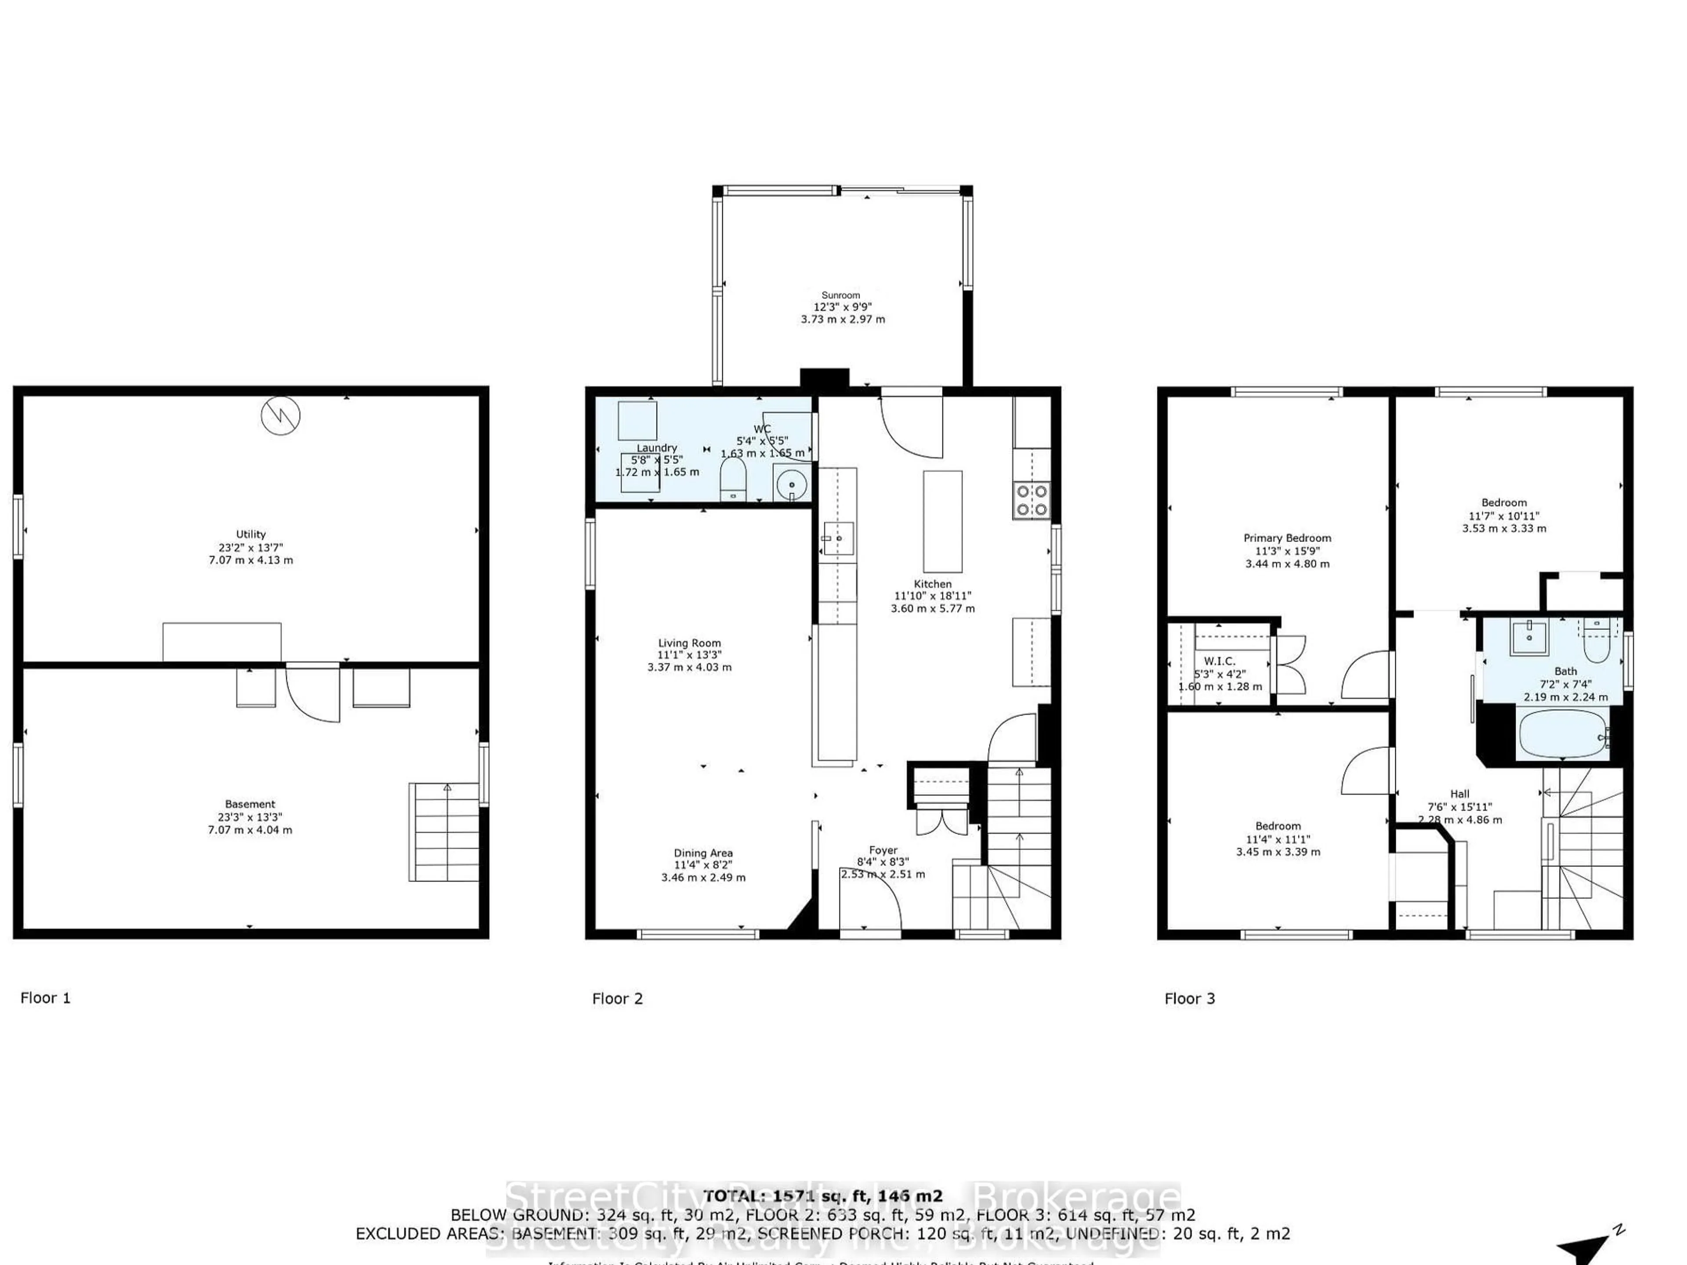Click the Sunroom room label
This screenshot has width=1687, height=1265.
pyautogui.click(x=840, y=295)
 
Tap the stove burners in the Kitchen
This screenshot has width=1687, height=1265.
pyautogui.click(x=1031, y=501)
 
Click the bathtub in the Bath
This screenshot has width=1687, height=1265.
pyautogui.click(x=1562, y=735)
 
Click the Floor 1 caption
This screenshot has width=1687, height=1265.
pyautogui.click(x=45, y=998)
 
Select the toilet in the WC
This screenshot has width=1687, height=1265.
pyautogui.click(x=733, y=478)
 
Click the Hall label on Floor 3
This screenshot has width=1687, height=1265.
pyautogui.click(x=1459, y=794)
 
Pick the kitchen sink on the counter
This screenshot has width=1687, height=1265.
pyautogui.click(x=837, y=539)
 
